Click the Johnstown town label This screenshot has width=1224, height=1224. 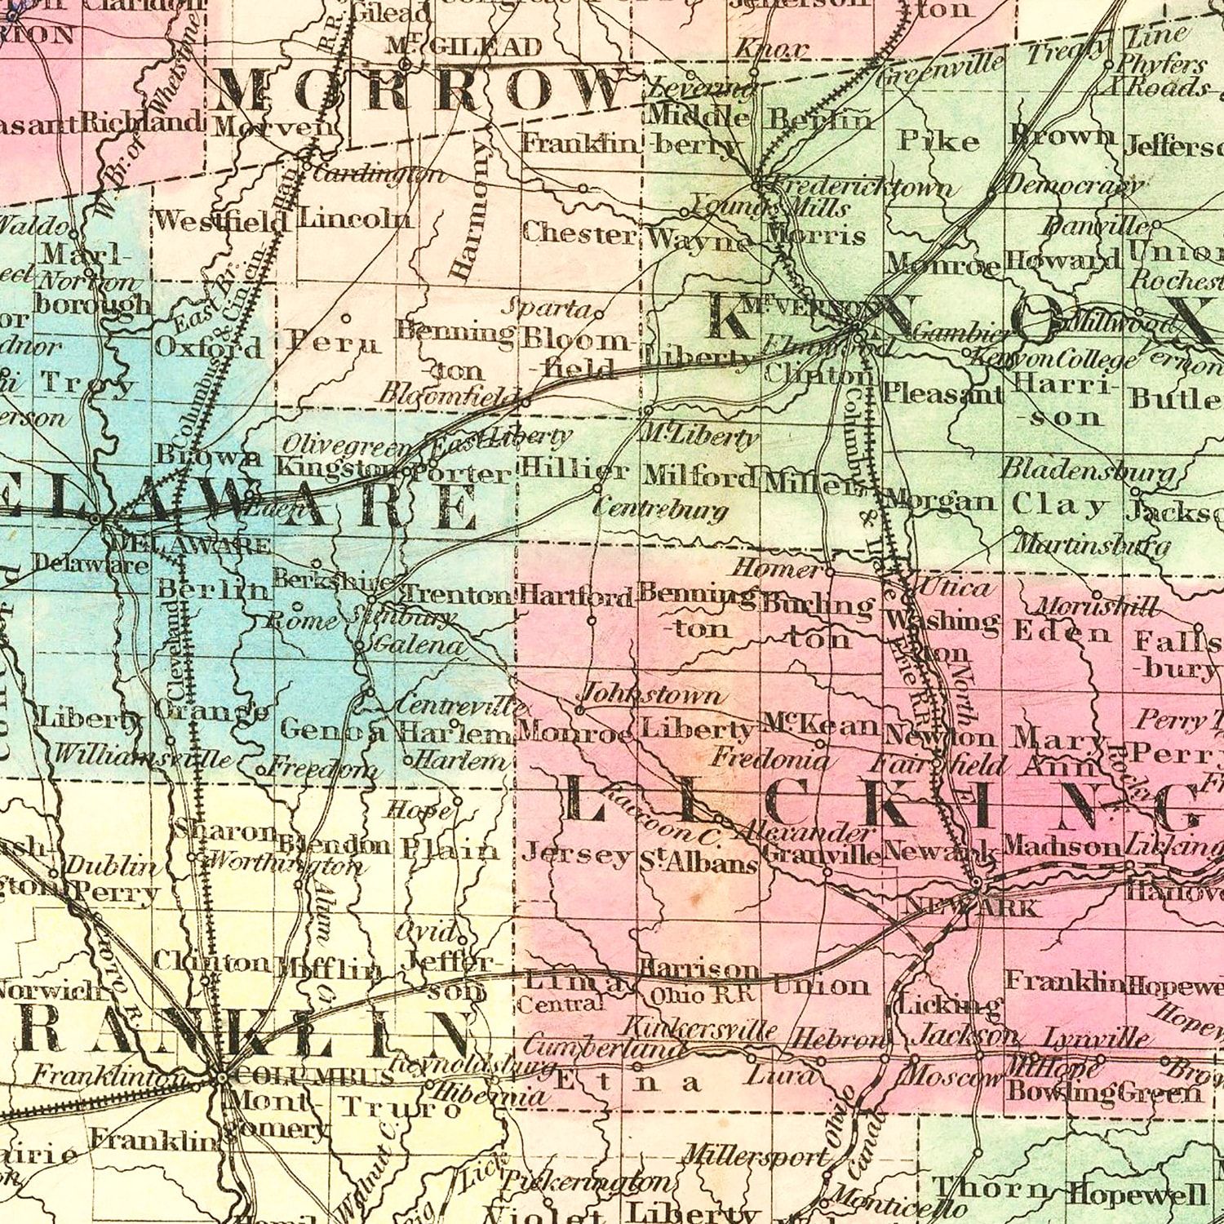651,694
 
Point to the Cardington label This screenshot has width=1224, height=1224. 379,174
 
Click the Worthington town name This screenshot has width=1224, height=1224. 286,863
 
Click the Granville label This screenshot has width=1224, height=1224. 823,854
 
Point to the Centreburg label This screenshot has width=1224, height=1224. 659,510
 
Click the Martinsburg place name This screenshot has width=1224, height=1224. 1094,543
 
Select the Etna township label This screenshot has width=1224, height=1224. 628,1083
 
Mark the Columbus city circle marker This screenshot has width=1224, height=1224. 222,1077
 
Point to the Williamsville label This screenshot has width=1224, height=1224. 142,756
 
